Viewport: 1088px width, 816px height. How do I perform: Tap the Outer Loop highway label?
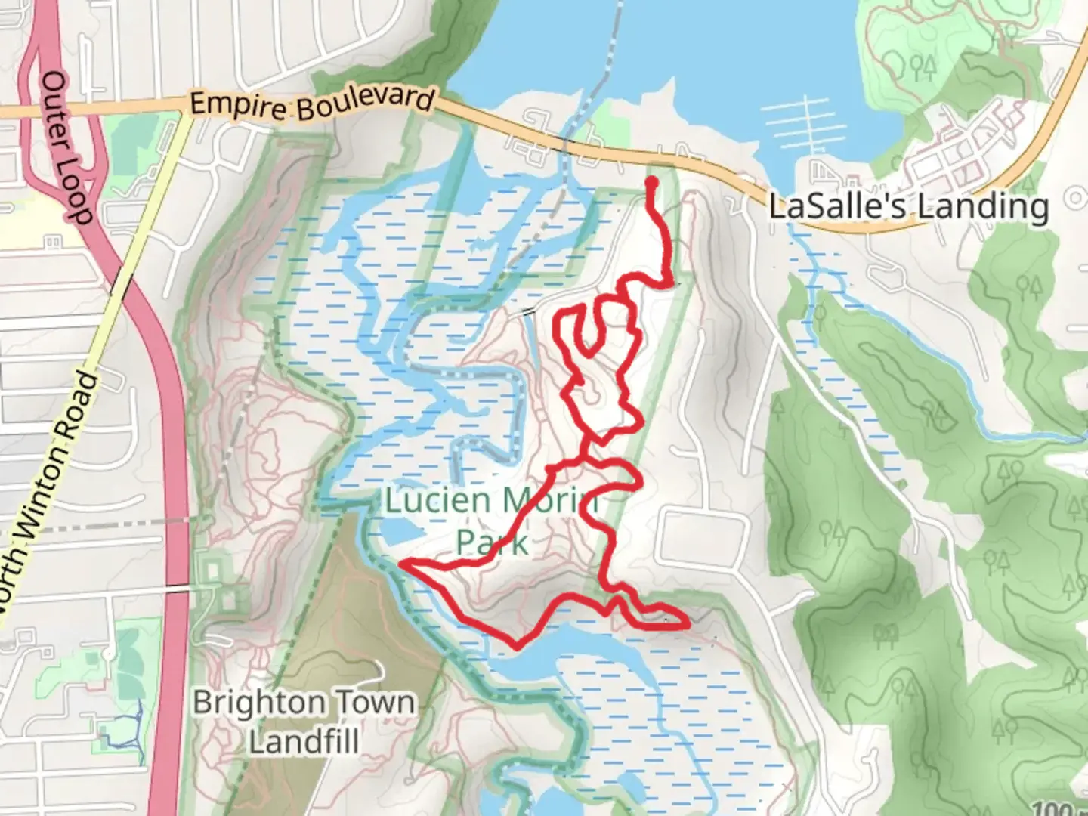66,147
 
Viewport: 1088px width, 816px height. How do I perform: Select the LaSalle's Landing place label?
908,206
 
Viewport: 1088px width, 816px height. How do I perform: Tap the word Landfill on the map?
304,741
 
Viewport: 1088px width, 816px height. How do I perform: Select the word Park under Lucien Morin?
492,541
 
